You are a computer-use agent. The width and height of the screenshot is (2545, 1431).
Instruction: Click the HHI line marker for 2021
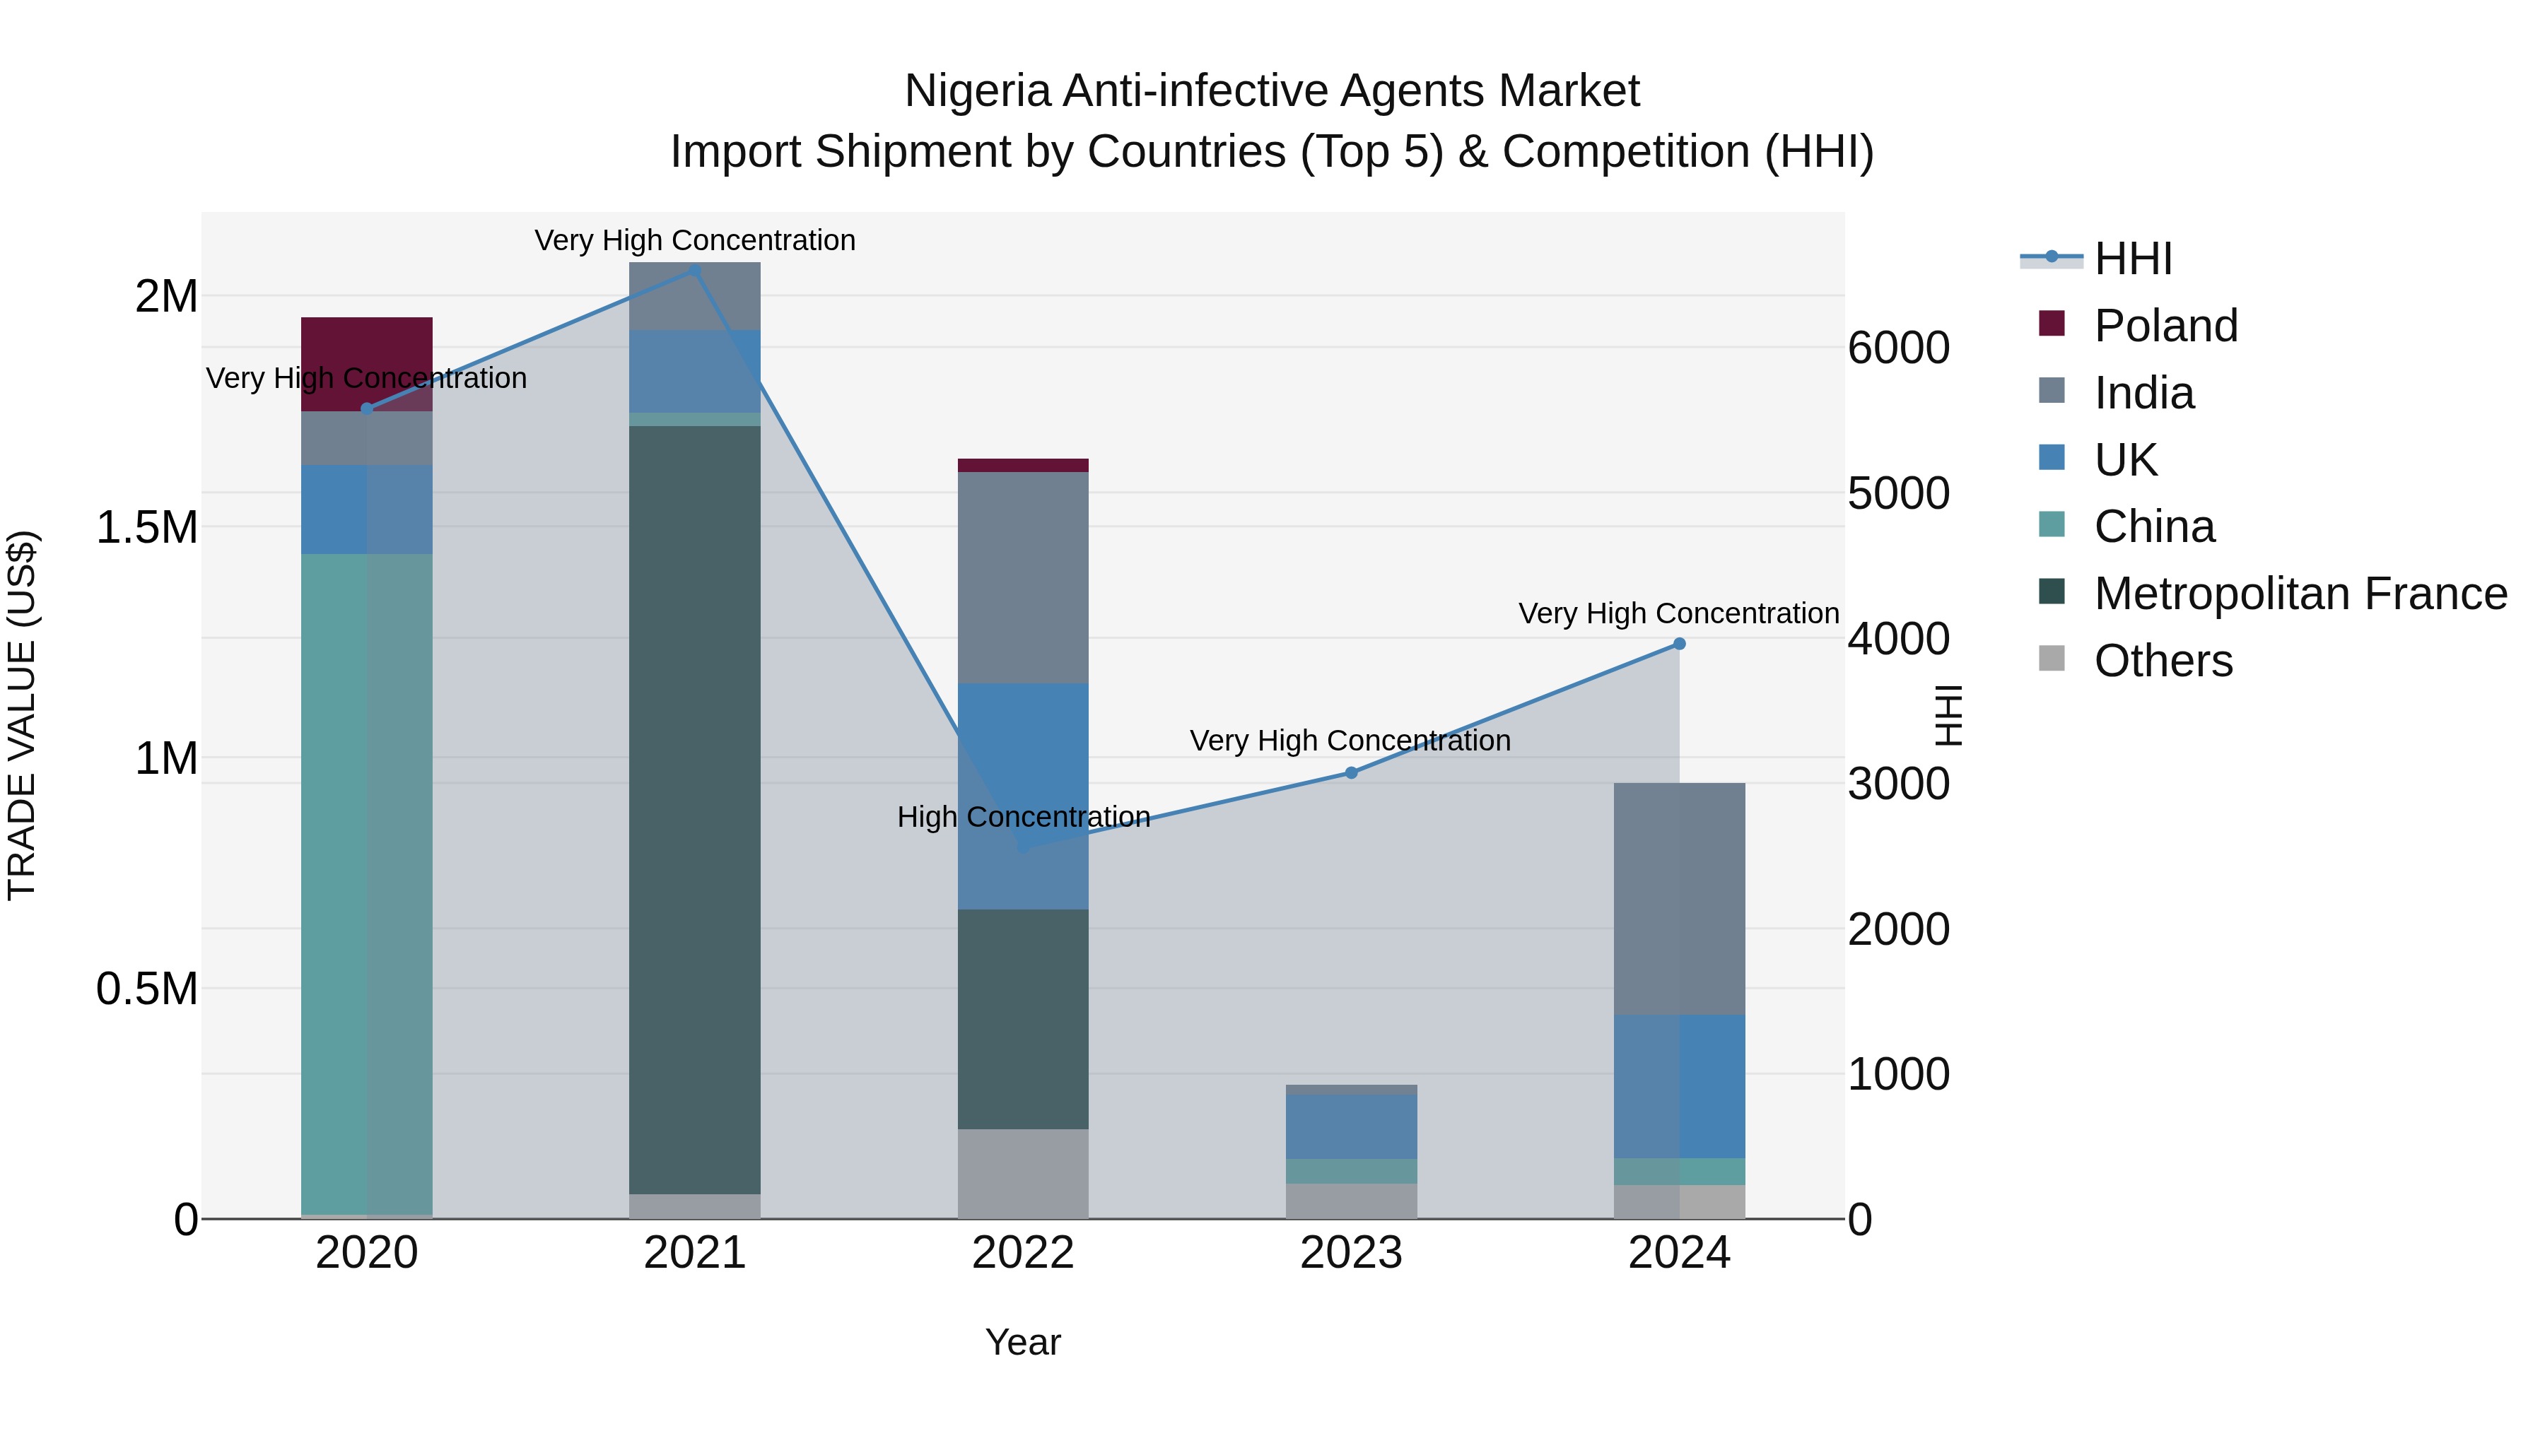pyautogui.click(x=694, y=270)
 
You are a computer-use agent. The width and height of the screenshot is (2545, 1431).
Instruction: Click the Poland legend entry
pyautogui.click(x=2165, y=326)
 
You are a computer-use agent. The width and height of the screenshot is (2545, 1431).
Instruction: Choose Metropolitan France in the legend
pyautogui.click(x=2299, y=594)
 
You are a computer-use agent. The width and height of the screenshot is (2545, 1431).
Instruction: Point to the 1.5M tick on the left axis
pyautogui.click(x=147, y=527)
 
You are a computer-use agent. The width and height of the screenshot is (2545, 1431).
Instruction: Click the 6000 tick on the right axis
pyautogui.click(x=1898, y=348)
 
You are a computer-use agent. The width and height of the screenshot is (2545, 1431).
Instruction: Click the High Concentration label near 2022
pyautogui.click(x=1024, y=817)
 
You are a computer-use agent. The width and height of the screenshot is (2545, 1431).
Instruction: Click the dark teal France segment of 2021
pyautogui.click(x=694, y=810)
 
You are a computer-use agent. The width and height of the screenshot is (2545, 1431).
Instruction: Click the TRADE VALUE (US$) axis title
pyautogui.click(x=22, y=715)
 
